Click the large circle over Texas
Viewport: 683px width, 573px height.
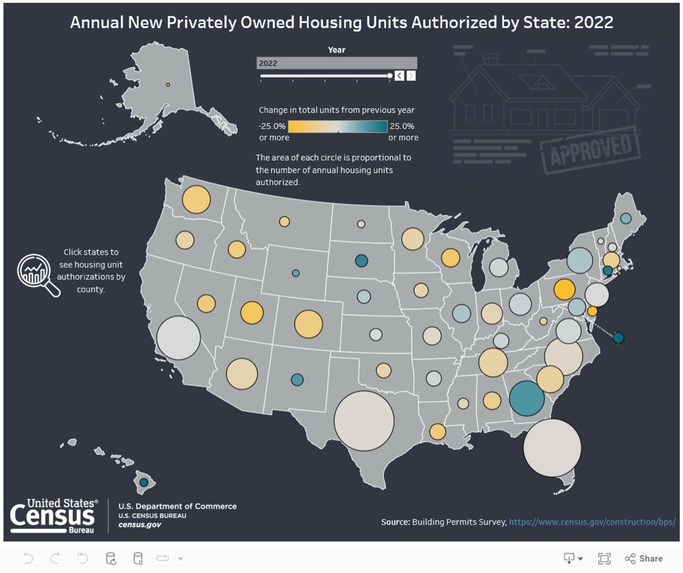tap(364, 421)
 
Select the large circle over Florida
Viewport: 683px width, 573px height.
tap(552, 448)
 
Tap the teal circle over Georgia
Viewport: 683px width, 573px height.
tap(527, 399)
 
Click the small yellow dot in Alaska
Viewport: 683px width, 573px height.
tap(168, 85)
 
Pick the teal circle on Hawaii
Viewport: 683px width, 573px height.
tap(144, 482)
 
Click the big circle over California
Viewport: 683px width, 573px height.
tap(178, 338)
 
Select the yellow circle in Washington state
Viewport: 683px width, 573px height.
tap(196, 200)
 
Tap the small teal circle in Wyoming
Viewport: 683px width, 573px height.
tap(296, 273)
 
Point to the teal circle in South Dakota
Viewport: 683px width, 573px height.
tap(361, 261)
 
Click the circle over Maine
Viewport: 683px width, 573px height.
tap(625, 218)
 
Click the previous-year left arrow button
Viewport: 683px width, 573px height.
tap(399, 76)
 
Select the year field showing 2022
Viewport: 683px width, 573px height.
tap(337, 63)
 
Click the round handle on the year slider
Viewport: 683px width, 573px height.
tap(390, 76)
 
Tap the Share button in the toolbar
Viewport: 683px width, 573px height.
tap(644, 558)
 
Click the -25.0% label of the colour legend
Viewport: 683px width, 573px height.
tap(272, 126)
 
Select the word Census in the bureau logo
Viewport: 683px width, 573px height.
tap(52, 516)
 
